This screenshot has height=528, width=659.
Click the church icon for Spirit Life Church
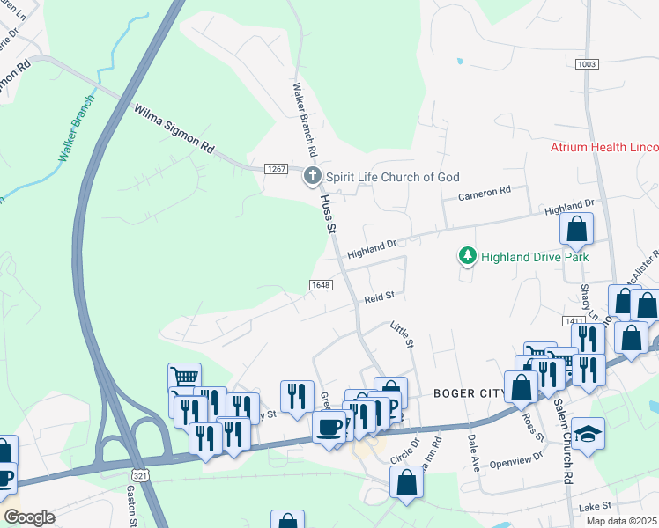tap(312, 177)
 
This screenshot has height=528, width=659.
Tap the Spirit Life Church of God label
tap(393, 177)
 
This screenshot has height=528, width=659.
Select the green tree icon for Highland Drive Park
tap(467, 256)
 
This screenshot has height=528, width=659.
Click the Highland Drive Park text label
tap(534, 257)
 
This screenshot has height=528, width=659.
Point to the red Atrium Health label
tap(604, 147)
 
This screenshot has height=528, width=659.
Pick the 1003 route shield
tap(586, 64)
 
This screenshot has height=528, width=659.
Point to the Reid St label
tap(378, 299)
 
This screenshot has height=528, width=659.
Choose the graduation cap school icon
tap(588, 434)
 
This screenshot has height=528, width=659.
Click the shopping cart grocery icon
tap(184, 378)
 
